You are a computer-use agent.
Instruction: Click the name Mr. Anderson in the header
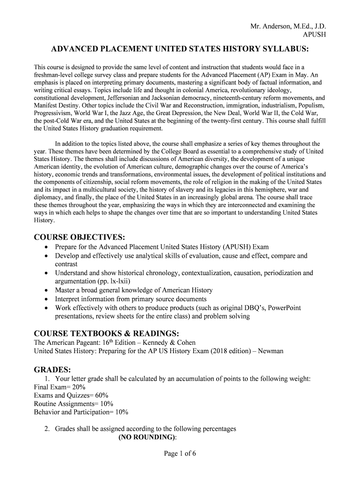(x=271, y=26)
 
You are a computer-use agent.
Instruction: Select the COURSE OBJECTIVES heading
(x=79, y=236)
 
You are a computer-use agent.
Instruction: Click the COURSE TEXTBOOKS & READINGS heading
(x=107, y=333)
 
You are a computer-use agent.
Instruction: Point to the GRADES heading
(x=52, y=369)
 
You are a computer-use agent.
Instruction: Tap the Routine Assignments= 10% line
(x=74, y=404)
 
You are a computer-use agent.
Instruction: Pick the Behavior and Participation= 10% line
(x=81, y=412)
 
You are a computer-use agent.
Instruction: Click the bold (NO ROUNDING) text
(x=148, y=437)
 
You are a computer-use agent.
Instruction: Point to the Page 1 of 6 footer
(x=180, y=453)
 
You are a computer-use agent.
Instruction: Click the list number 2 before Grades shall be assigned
(x=47, y=428)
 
